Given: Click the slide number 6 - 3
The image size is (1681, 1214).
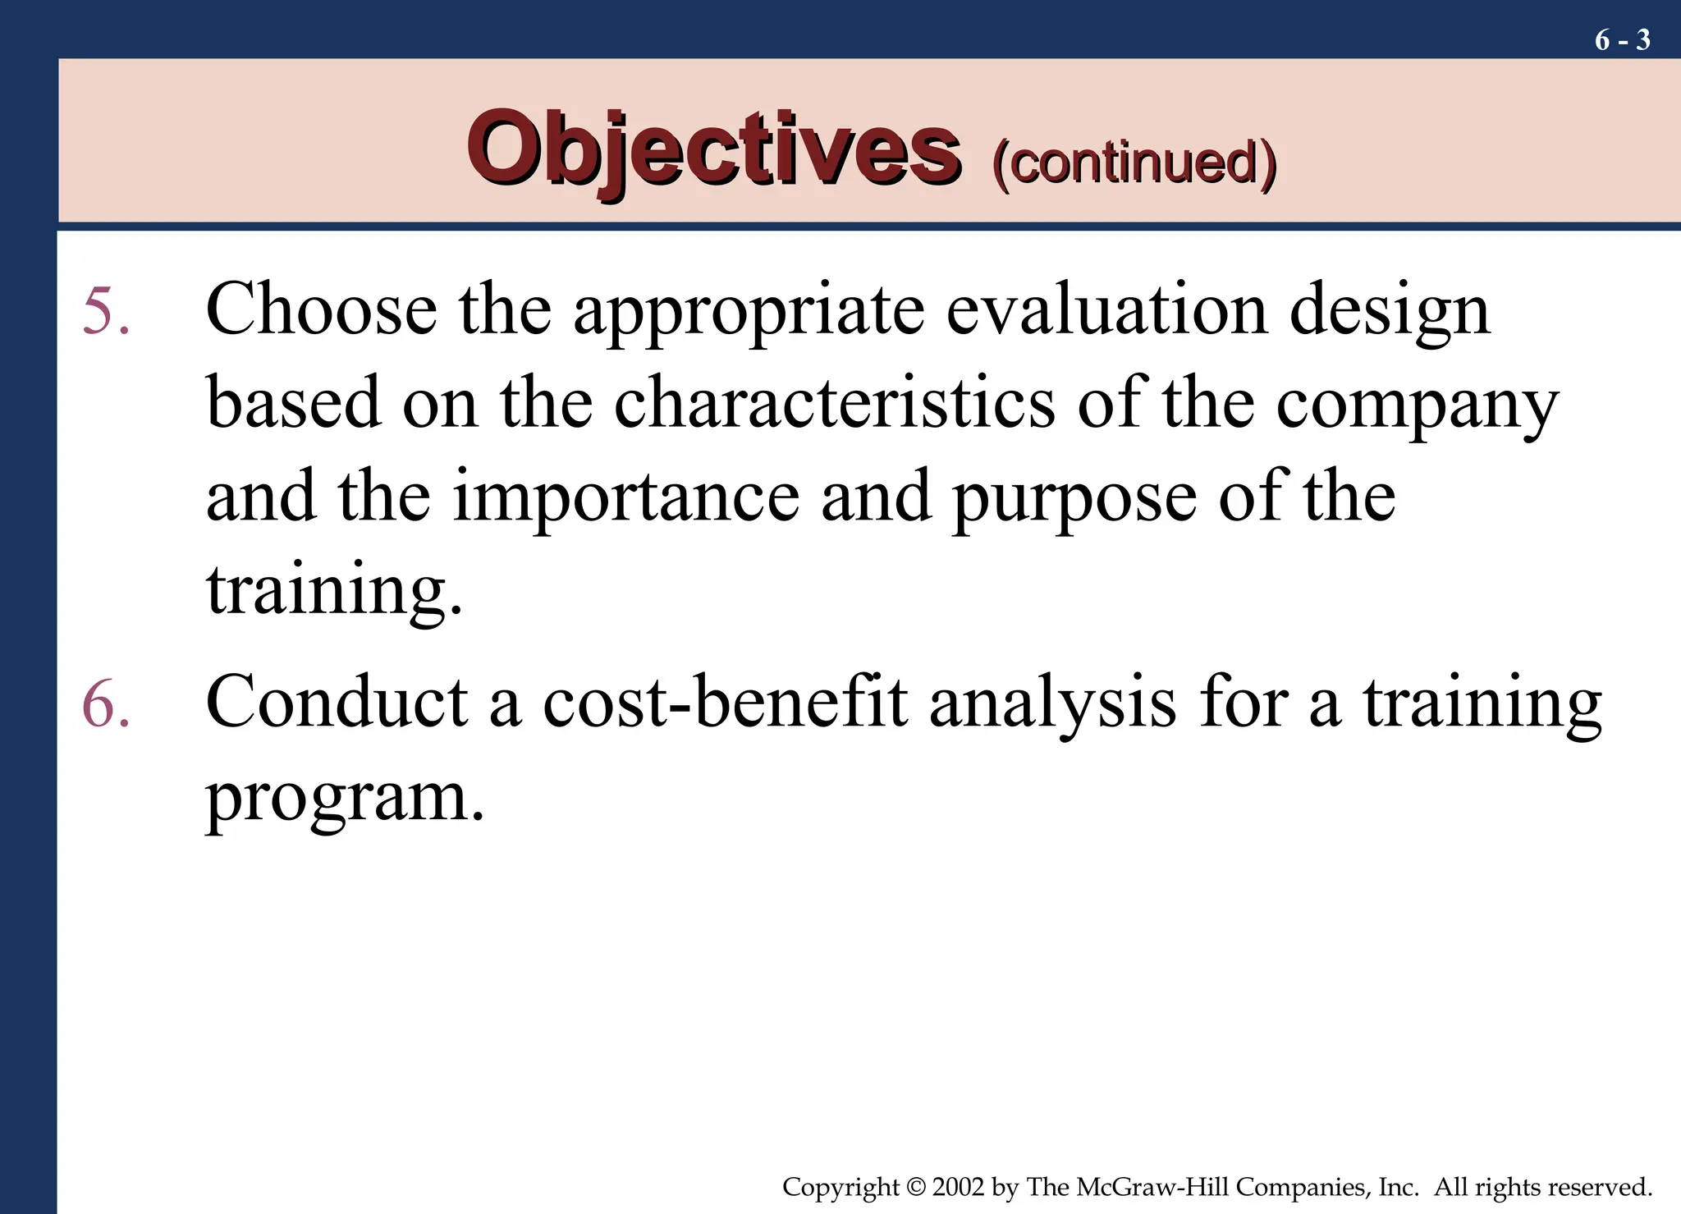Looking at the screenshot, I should point(1622,39).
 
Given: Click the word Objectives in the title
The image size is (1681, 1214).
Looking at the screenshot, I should point(713,149).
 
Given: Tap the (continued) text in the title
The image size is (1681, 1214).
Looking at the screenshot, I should point(1134,163).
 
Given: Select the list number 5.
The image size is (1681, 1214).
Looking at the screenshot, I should point(106,312).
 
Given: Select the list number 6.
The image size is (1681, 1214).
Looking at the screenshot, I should point(106,704).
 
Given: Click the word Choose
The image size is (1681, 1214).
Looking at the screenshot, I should point(321,310).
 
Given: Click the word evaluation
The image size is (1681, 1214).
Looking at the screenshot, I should point(1106,310).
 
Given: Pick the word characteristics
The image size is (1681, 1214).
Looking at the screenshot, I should point(834,404).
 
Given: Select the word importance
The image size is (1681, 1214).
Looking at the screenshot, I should point(625,497).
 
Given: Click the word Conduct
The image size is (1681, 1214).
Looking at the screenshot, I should point(337,703).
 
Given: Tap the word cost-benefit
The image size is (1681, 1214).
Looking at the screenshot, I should point(725,703).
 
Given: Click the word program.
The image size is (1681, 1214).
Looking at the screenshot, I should point(345,798).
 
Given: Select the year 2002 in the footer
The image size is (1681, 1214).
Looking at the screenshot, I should point(958,1187).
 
